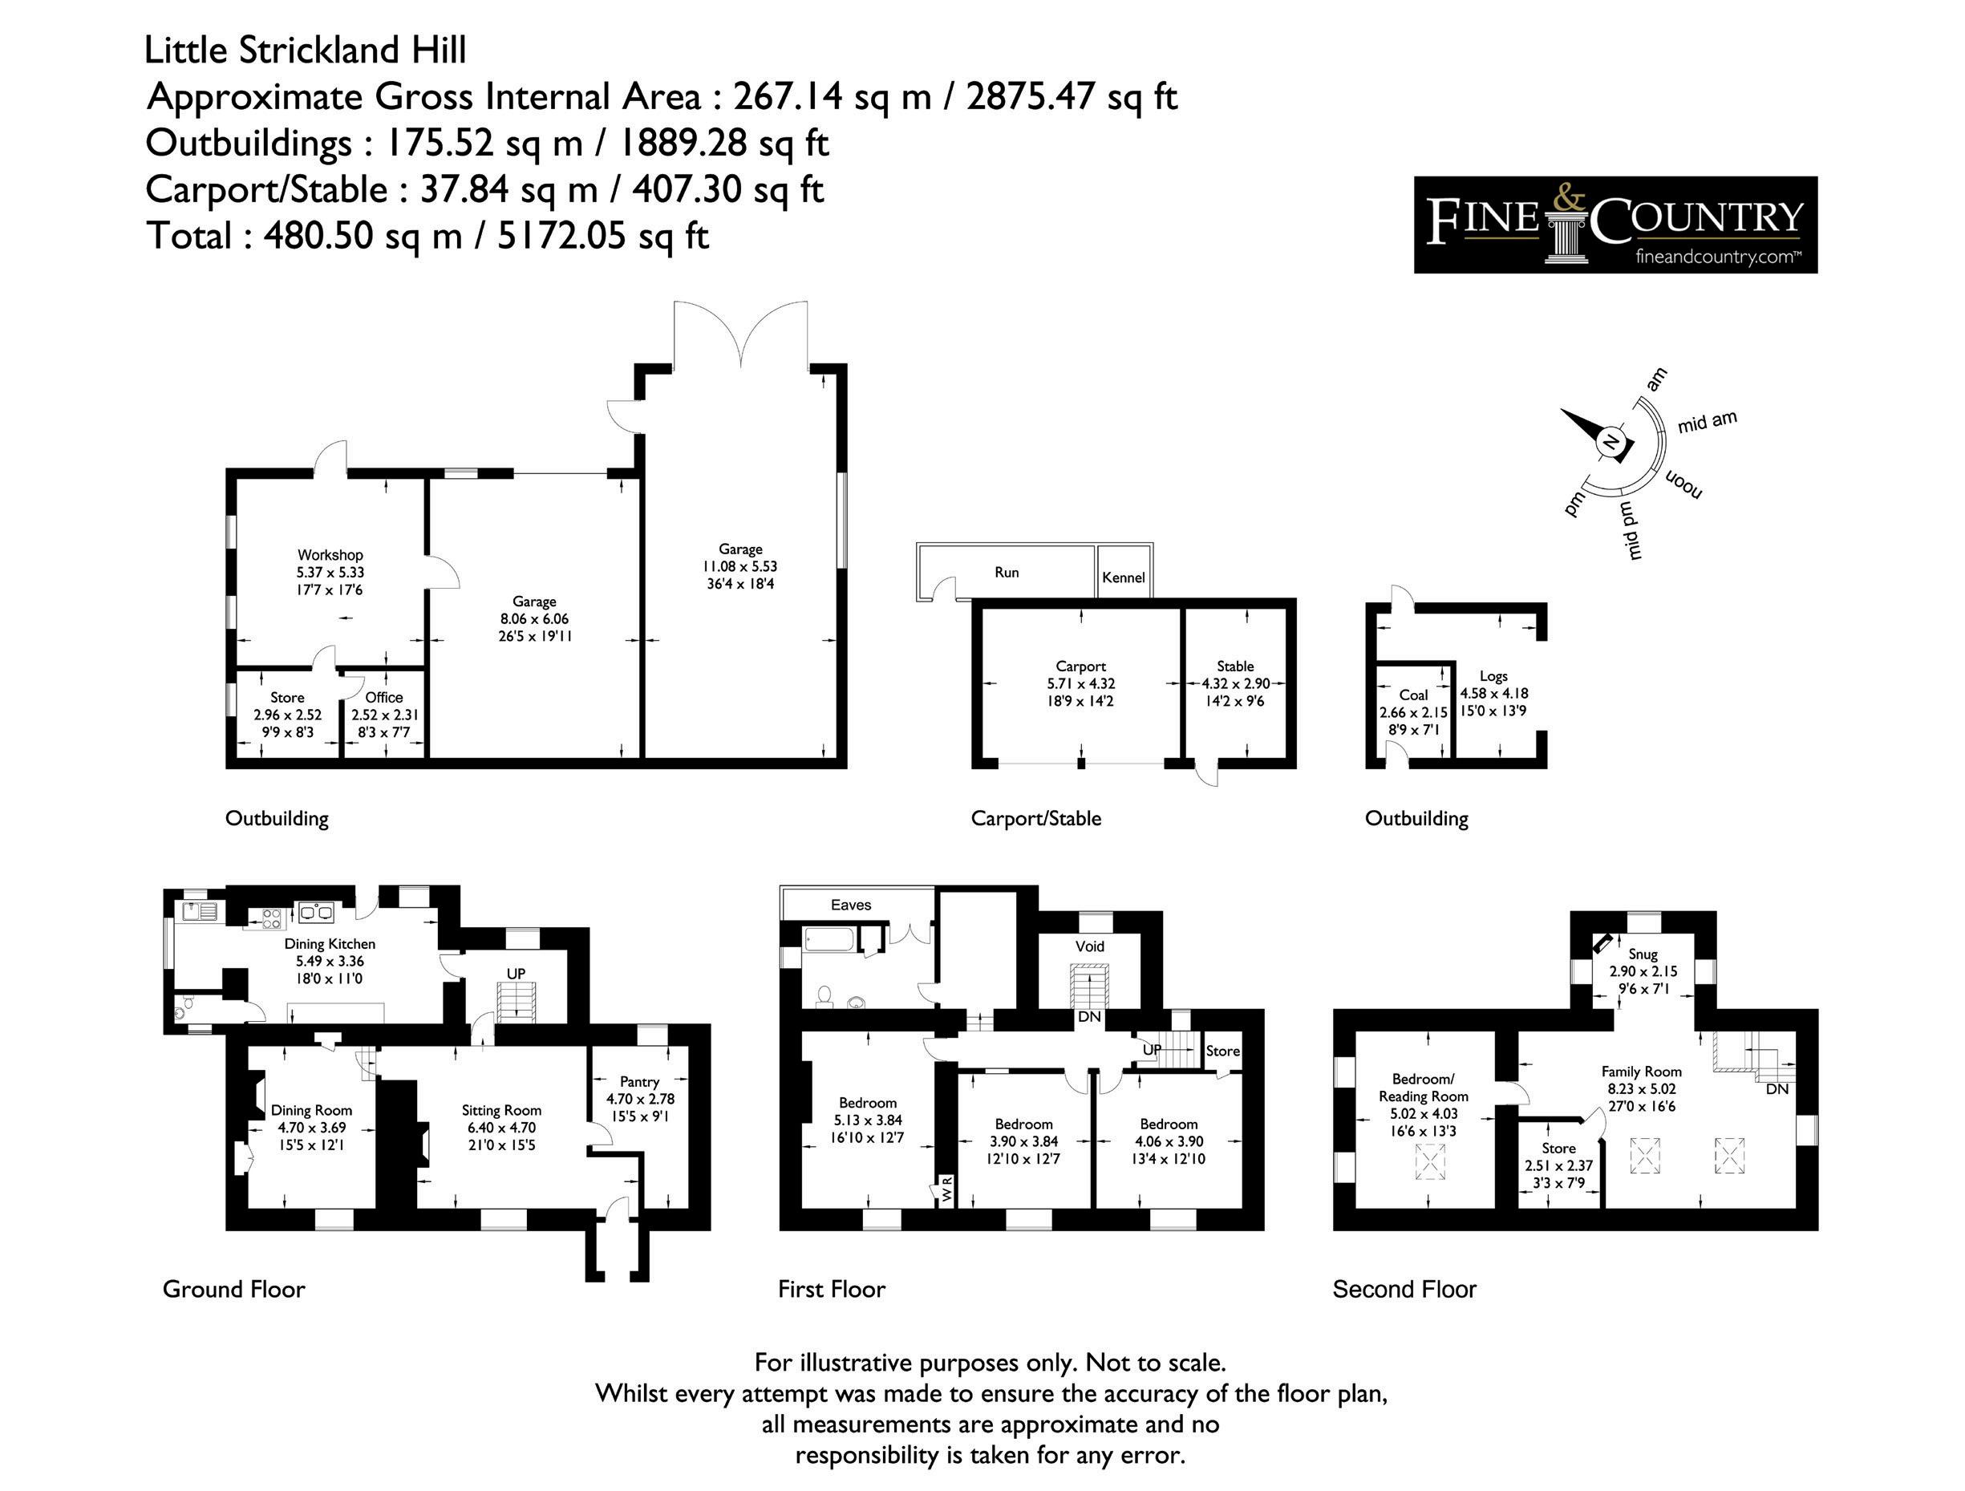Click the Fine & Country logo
(1615, 224)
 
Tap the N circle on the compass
(1611, 443)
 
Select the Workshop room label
(330, 555)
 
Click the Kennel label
(1123, 577)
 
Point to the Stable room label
(1235, 666)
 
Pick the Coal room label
(1413, 695)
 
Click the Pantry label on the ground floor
(639, 1081)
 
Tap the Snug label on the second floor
(1643, 954)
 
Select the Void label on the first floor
(1090, 946)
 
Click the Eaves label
(851, 905)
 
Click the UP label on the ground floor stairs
(517, 973)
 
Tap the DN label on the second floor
(1777, 1088)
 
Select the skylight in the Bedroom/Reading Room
(1429, 1161)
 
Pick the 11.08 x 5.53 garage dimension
(740, 566)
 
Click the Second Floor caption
(1404, 1290)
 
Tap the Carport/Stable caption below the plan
(1035, 818)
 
